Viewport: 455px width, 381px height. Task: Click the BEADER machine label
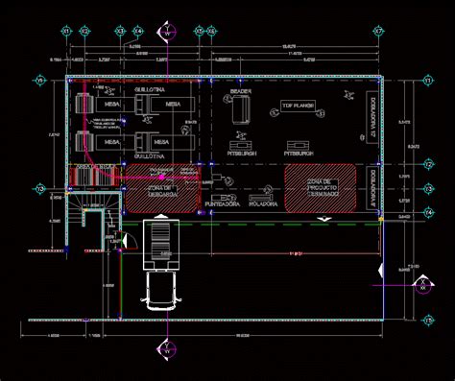click(240, 92)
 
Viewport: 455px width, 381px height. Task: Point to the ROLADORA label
click(262, 203)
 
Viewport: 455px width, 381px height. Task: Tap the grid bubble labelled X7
click(378, 32)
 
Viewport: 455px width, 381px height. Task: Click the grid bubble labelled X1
click(67, 32)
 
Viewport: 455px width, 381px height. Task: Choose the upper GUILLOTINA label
click(153, 88)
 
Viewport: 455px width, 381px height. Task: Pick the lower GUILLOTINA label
click(153, 154)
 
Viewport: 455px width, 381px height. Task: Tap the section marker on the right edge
click(420, 285)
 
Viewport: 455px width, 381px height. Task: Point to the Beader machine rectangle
click(239, 114)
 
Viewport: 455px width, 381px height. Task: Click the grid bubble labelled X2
click(84, 32)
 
